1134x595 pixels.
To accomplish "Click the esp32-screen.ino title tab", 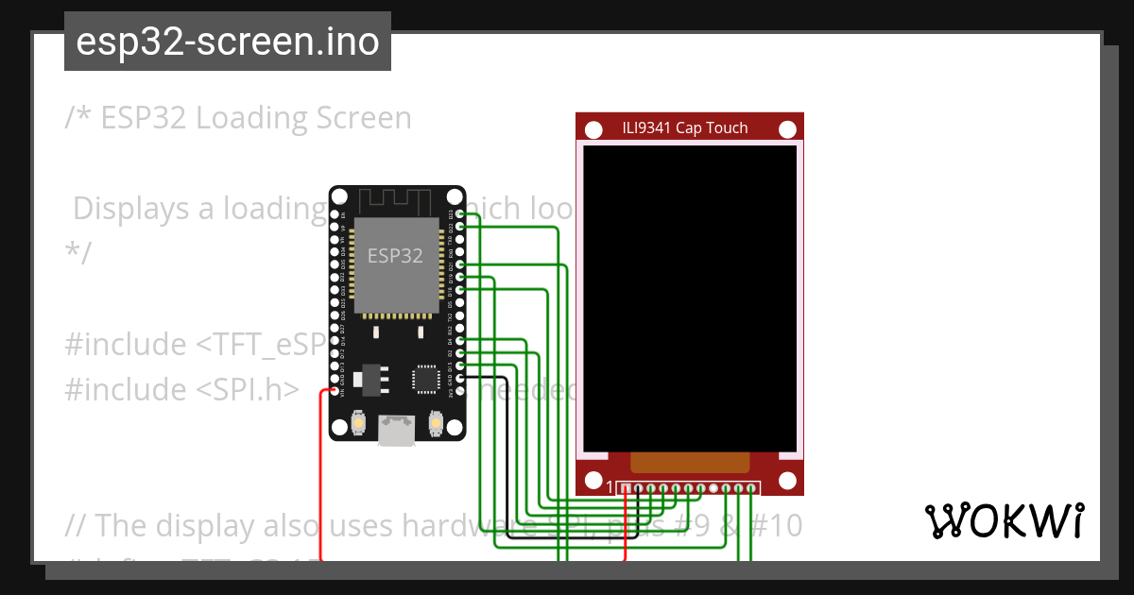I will pyautogui.click(x=228, y=42).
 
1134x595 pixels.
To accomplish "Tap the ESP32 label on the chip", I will pyautogui.click(x=395, y=255).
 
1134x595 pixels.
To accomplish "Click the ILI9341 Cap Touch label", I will pyautogui.click(x=685, y=128).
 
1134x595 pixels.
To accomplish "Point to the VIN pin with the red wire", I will pyautogui.click(x=335, y=390).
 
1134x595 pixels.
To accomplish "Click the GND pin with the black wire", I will pyautogui.click(x=460, y=378).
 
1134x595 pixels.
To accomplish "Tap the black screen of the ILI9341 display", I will pyautogui.click(x=690, y=297).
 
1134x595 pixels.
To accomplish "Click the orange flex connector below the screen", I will pyautogui.click(x=690, y=462).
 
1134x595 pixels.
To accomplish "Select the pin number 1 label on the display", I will pyautogui.click(x=610, y=487).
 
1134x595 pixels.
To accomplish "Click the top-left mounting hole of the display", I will pyautogui.click(x=594, y=129).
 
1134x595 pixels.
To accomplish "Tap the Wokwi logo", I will pyautogui.click(x=1005, y=520).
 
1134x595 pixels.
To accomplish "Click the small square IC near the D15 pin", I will pyautogui.click(x=424, y=378).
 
